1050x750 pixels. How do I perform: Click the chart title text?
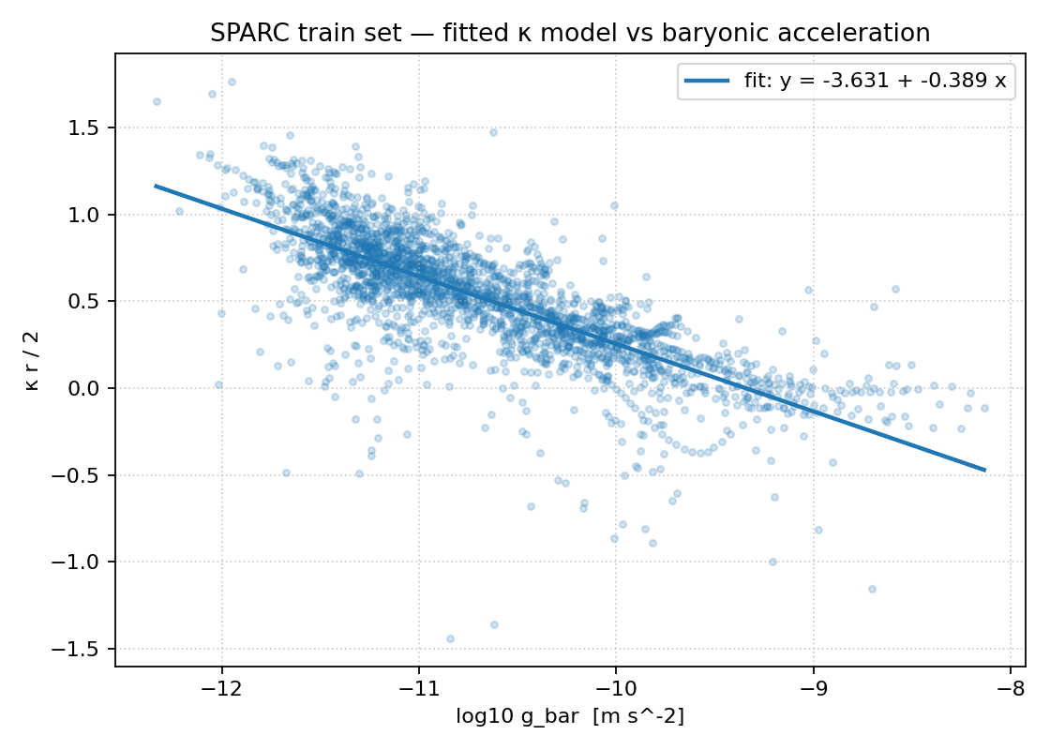[x=570, y=33]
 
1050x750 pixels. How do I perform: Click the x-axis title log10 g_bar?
[x=570, y=717]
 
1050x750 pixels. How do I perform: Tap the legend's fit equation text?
[x=875, y=81]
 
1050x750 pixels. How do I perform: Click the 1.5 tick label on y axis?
[x=87, y=127]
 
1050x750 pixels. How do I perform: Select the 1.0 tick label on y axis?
[x=87, y=215]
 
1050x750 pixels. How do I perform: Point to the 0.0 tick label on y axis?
[x=87, y=388]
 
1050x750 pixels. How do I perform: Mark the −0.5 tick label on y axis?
[x=82, y=475]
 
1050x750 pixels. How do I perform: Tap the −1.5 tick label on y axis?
[x=82, y=649]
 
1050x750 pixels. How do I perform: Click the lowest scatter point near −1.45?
[x=450, y=638]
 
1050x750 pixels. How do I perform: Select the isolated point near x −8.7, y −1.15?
[x=872, y=589]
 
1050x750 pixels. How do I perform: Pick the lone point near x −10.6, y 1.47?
[x=493, y=132]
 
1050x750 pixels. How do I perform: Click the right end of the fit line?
[x=985, y=470]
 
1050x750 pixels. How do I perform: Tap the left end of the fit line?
[x=156, y=186]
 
